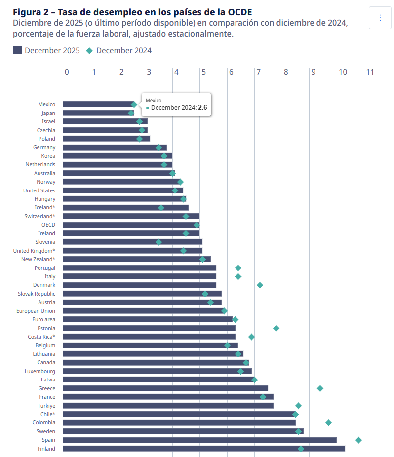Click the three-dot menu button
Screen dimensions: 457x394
click(380, 18)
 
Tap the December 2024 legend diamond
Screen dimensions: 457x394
click(89, 50)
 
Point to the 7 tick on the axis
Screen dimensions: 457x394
click(258, 72)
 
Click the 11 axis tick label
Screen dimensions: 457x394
click(369, 72)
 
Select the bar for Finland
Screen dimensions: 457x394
click(204, 449)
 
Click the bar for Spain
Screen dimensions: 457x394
click(200, 440)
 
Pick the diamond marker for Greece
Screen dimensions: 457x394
click(320, 388)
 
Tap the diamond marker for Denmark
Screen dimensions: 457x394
click(260, 285)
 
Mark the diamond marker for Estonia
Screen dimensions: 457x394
click(276, 328)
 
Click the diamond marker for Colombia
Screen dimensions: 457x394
click(328, 423)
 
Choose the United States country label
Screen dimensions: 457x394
click(39, 190)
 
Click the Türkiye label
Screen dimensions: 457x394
click(46, 406)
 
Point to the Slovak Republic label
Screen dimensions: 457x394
click(37, 294)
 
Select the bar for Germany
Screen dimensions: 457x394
click(115, 148)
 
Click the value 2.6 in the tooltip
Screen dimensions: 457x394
click(202, 107)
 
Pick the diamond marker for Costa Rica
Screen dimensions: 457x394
click(251, 337)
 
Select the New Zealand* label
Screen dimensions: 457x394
click(38, 259)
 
